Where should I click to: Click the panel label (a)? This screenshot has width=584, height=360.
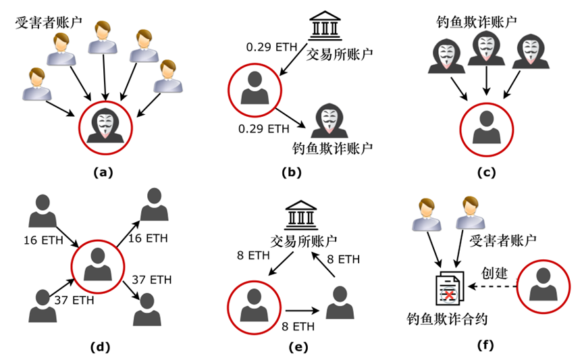pos(102,172)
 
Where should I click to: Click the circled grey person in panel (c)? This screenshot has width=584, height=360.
pos(486,126)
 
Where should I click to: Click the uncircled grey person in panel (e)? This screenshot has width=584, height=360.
pos(340,302)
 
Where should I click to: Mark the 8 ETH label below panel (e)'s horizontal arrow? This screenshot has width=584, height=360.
pos(295,327)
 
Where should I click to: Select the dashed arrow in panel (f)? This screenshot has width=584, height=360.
pos(492,287)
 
